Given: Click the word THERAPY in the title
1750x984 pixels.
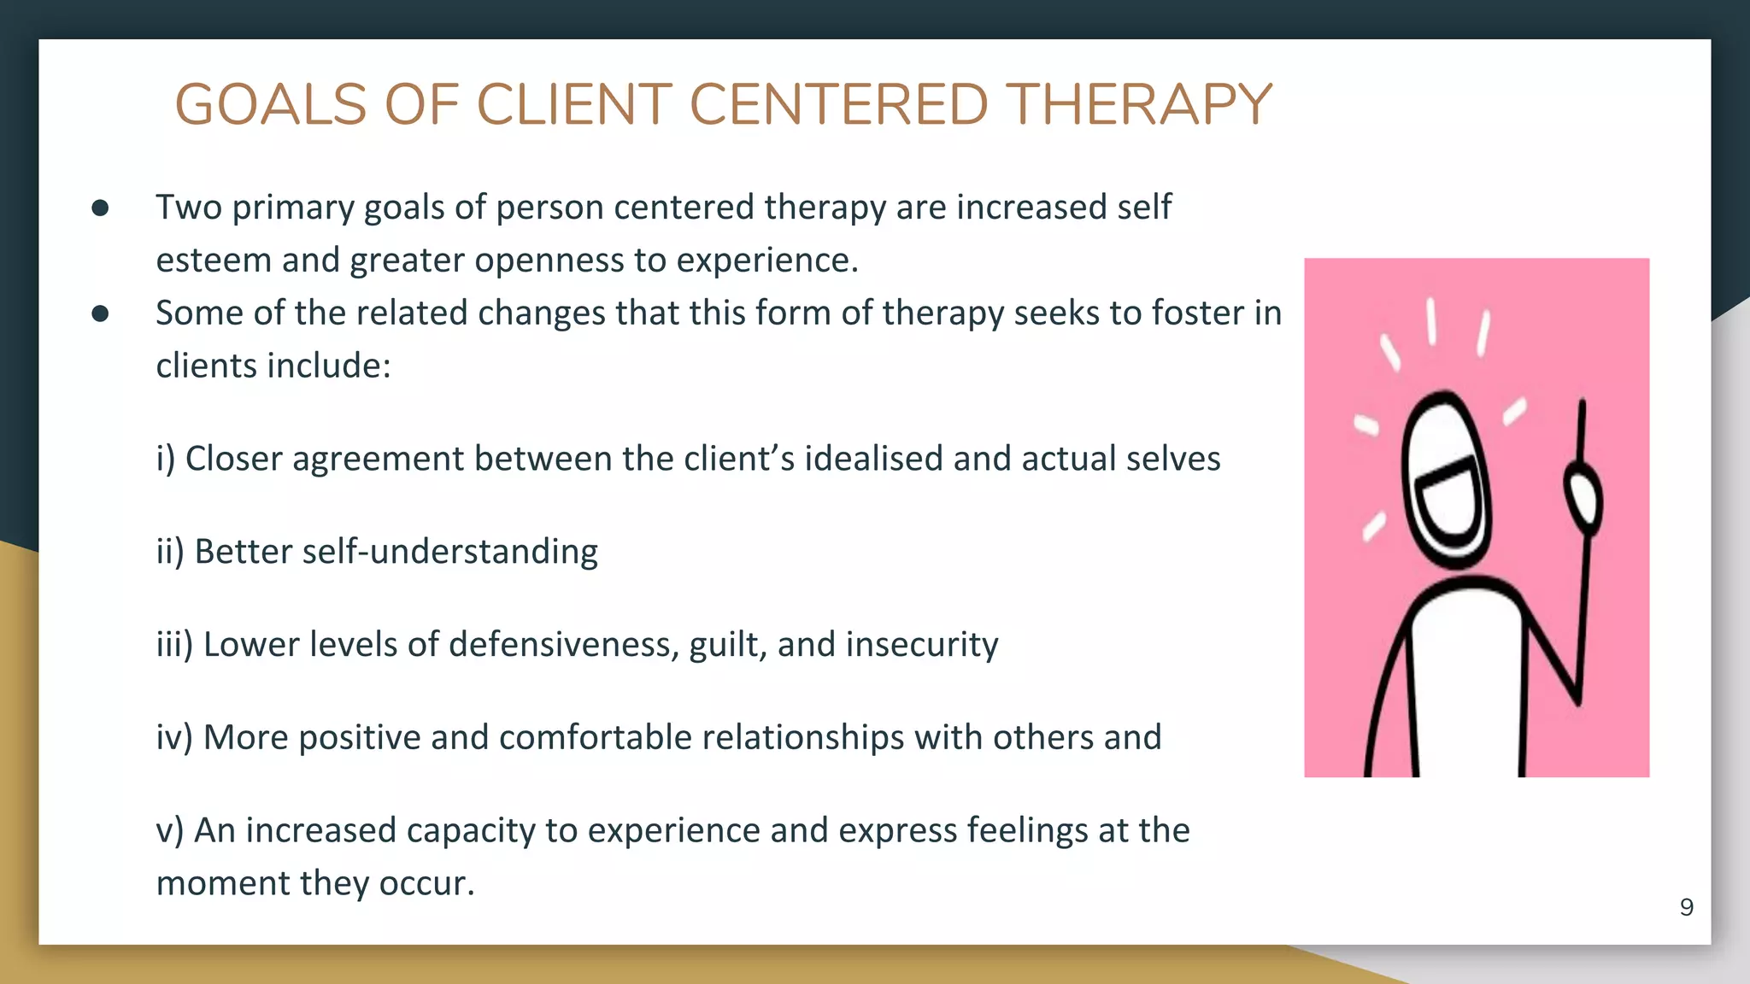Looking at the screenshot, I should (1138, 105).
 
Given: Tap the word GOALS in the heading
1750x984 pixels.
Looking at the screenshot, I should (270, 105).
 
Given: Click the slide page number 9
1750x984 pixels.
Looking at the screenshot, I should (1686, 907).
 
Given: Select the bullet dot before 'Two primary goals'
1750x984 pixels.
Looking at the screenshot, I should (100, 208).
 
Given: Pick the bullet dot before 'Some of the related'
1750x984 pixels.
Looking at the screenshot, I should (100, 314).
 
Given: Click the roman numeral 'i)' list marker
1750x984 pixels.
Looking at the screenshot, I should (165, 460).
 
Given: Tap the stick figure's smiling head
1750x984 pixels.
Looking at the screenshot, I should (1447, 483).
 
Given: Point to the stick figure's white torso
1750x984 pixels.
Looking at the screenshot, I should (1465, 683).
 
